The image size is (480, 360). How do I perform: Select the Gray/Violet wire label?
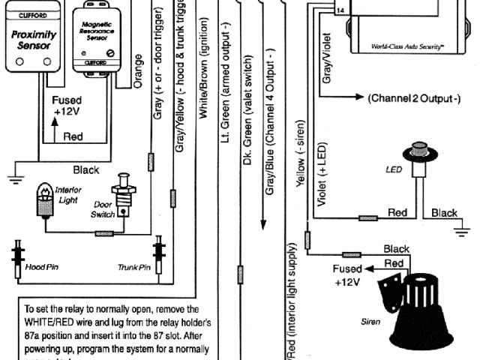coord(325,60)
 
